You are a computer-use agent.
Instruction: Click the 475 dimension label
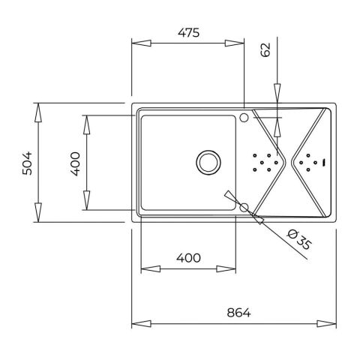click(189, 33)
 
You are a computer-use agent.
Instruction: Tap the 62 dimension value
click(265, 49)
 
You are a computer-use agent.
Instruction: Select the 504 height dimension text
click(27, 163)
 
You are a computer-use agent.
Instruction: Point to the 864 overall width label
click(238, 313)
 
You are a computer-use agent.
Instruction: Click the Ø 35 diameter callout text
click(299, 241)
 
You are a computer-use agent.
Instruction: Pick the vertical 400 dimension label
click(75, 164)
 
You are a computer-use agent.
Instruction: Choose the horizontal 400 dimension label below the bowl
click(188, 258)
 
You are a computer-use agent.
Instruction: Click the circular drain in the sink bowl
click(208, 162)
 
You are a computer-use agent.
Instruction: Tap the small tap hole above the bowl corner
click(244, 117)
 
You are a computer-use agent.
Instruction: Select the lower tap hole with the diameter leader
click(244, 208)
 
